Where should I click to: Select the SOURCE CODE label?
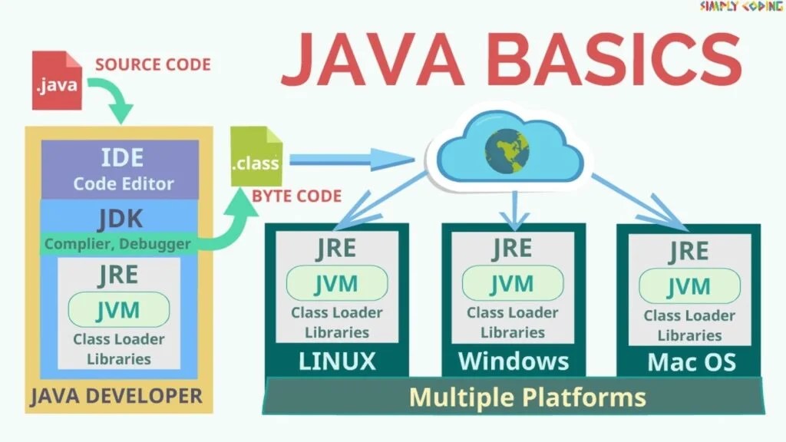point(153,64)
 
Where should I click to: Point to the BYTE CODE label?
point(296,196)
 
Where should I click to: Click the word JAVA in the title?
point(373,60)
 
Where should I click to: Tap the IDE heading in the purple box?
point(122,157)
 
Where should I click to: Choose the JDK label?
point(121,219)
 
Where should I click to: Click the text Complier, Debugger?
point(117,244)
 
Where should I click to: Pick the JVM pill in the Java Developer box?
point(119,310)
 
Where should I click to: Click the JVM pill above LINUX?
point(336,284)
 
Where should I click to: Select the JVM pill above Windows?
point(512,284)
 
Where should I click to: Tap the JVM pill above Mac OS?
point(689,286)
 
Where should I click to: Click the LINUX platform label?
point(337,361)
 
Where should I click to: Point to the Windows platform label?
point(513,361)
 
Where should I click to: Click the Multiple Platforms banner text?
point(527,397)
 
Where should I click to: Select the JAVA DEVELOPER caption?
point(116,396)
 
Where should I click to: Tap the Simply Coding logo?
point(741,7)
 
